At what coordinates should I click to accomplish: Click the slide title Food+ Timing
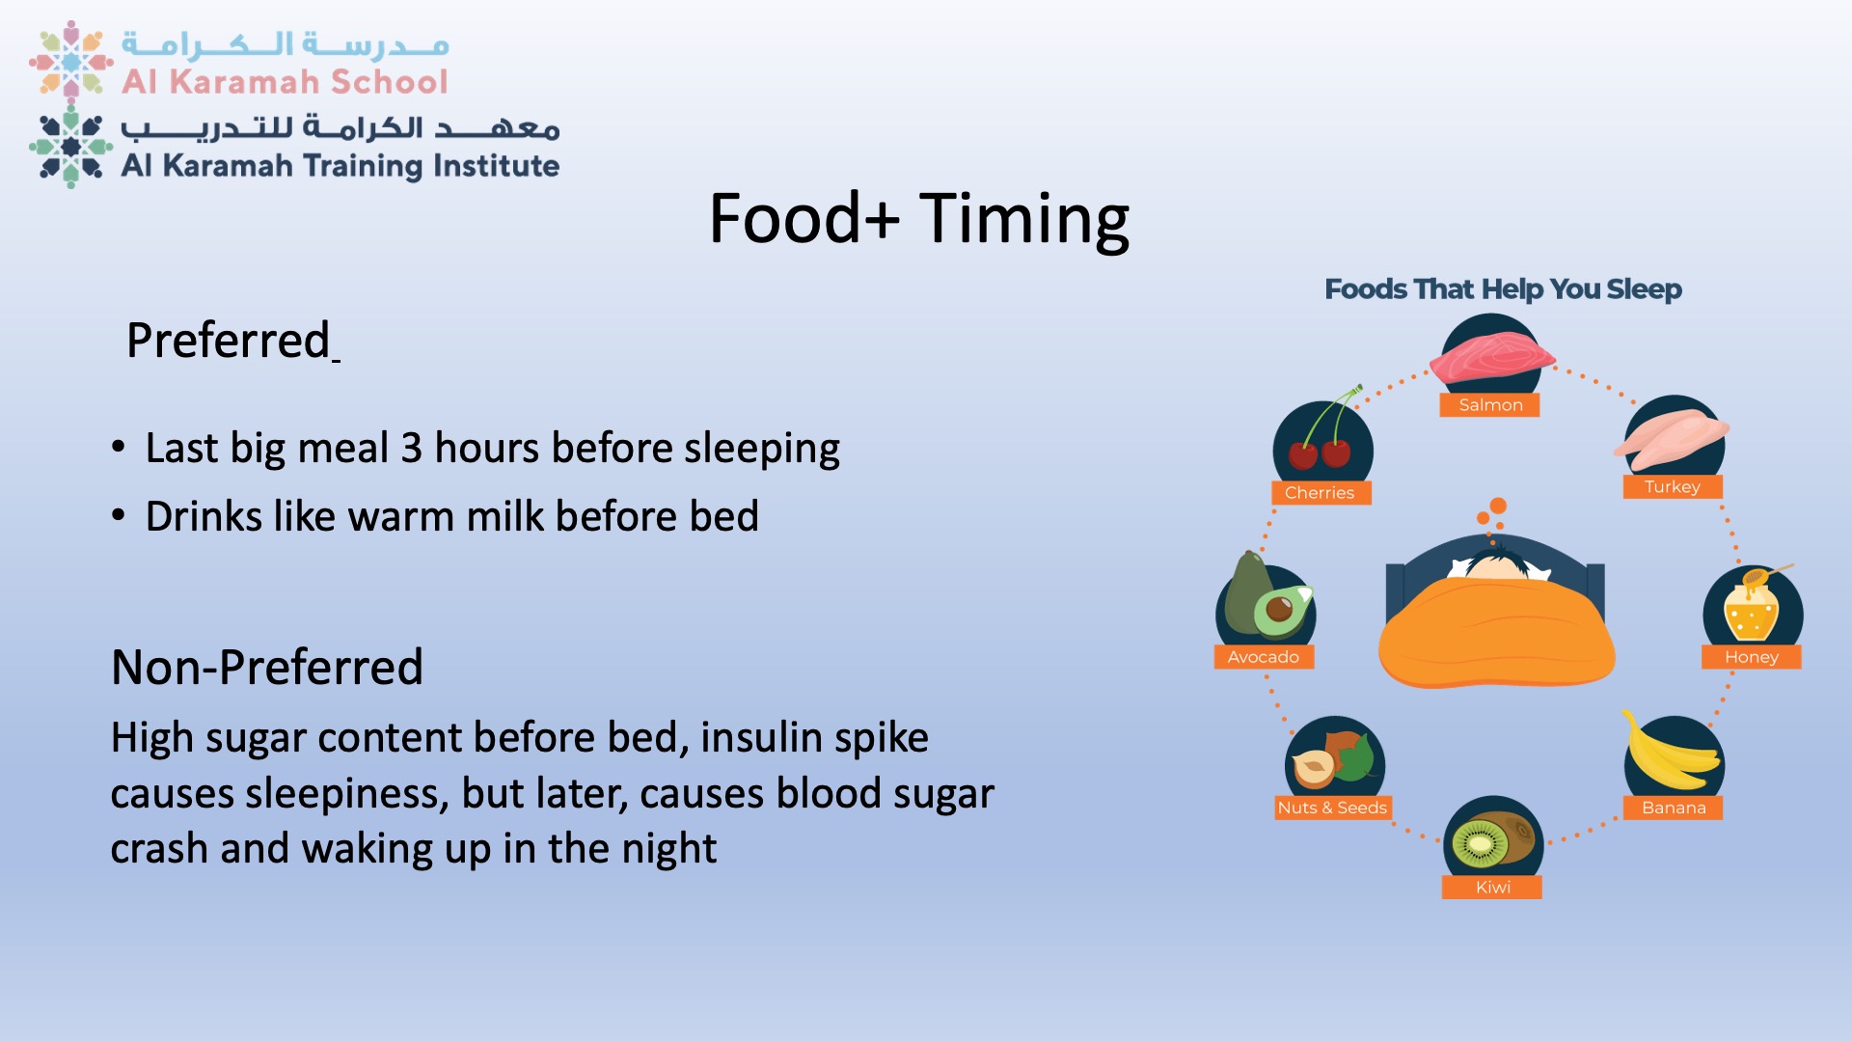(918, 218)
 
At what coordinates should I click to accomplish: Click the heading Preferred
(229, 340)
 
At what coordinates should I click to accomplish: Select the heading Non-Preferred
(267, 667)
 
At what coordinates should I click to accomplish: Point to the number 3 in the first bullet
(412, 449)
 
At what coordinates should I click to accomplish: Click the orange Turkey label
(1672, 486)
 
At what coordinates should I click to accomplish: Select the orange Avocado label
(1264, 657)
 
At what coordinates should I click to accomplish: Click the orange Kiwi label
(1492, 888)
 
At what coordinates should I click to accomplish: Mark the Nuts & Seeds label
(1332, 808)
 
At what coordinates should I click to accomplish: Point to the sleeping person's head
(1495, 565)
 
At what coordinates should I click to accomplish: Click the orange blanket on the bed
(1496, 633)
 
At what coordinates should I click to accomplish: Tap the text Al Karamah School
(285, 82)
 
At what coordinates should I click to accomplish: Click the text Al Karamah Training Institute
(340, 166)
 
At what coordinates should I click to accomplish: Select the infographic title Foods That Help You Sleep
(1503, 288)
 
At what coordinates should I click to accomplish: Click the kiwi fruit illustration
(1492, 840)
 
